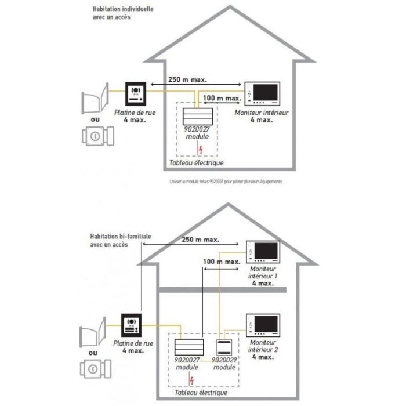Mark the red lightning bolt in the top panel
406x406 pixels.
point(201,150)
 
